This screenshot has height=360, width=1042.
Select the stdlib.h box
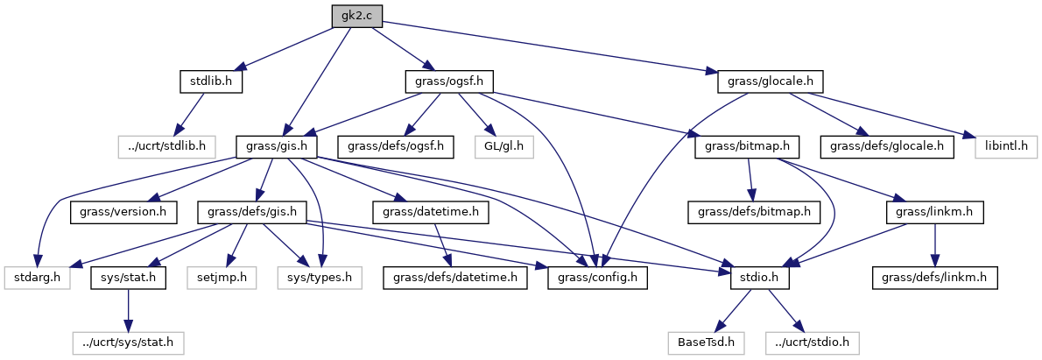(210, 82)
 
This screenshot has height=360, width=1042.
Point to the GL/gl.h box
(503, 146)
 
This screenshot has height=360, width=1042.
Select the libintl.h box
(1001, 146)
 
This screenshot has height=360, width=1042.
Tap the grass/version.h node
(124, 212)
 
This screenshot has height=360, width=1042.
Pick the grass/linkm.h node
(935, 212)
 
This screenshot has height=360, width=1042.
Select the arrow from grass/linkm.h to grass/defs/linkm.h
(935, 244)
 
